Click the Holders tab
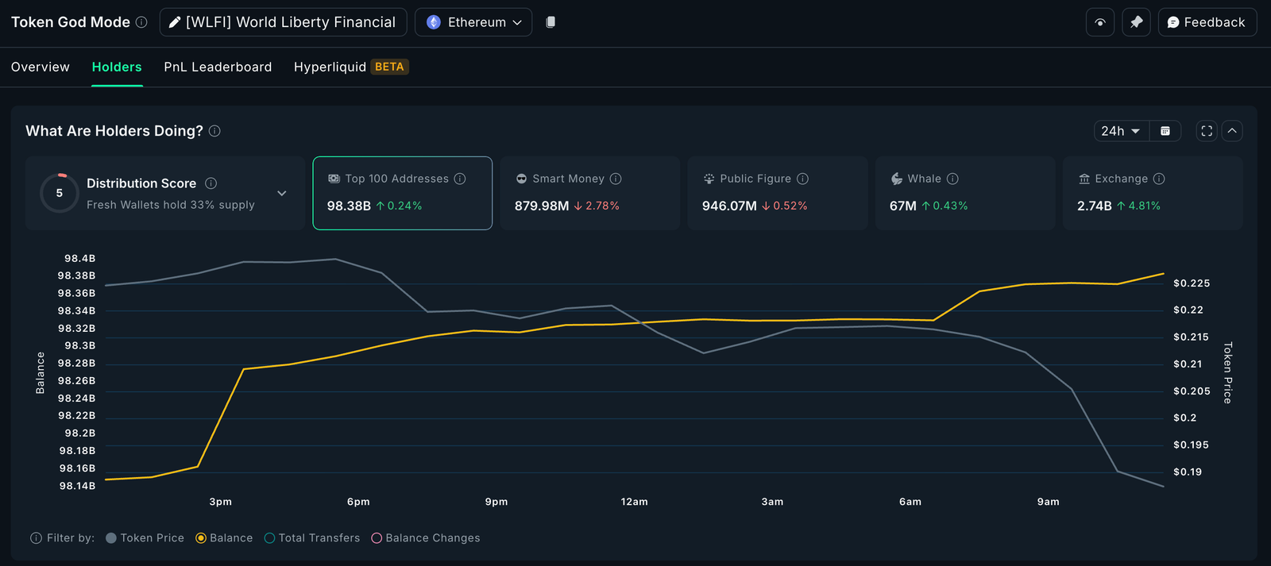click(117, 67)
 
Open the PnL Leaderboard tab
click(218, 67)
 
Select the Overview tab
click(41, 67)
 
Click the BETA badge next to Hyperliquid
click(389, 67)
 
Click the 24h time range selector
click(1120, 131)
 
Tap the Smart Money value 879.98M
click(542, 206)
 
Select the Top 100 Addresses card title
click(396, 179)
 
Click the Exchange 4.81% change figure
click(1144, 206)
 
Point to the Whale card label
click(924, 179)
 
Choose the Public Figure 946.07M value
click(729, 206)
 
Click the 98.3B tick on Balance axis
click(79, 346)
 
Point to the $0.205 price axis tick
click(1192, 391)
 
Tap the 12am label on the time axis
click(634, 502)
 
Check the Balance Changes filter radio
click(377, 538)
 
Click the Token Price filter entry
click(152, 538)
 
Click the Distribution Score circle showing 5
click(60, 193)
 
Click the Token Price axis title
click(1227, 372)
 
